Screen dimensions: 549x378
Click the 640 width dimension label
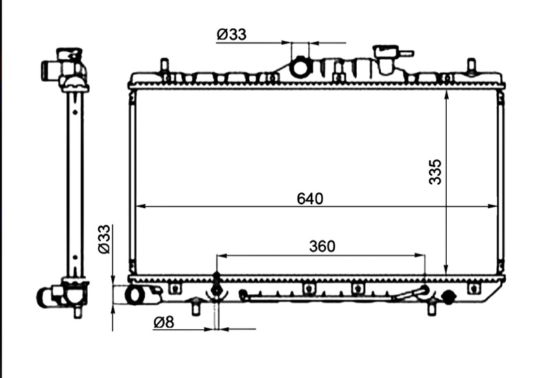pyautogui.click(x=310, y=199)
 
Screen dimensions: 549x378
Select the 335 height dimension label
pyautogui.click(x=436, y=172)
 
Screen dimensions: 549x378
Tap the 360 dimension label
pyautogui.click(x=322, y=246)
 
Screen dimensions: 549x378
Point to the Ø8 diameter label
pyautogui.click(x=163, y=322)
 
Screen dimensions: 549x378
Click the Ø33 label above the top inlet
pyautogui.click(x=231, y=34)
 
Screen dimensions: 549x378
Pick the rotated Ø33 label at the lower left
pyautogui.click(x=104, y=239)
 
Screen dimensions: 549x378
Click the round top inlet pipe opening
pyautogui.click(x=300, y=67)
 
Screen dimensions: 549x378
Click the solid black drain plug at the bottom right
pyautogui.click(x=449, y=297)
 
